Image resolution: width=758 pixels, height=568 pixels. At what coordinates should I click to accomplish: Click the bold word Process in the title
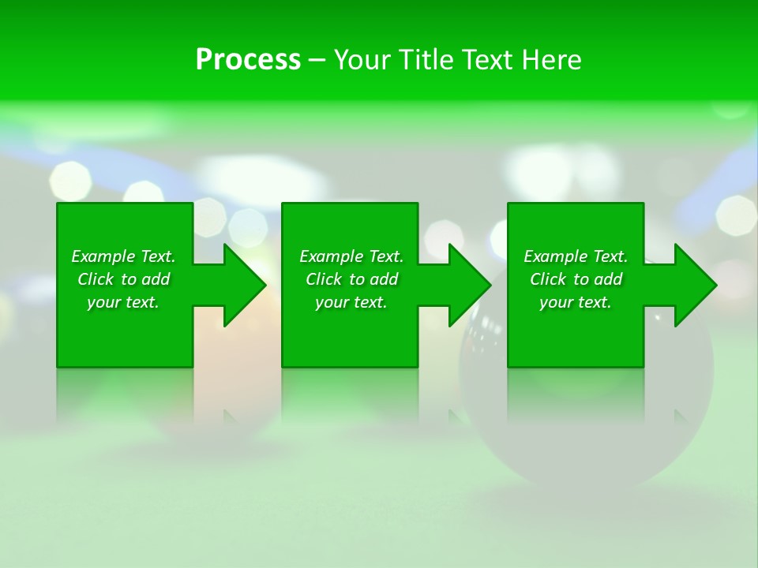coord(248,60)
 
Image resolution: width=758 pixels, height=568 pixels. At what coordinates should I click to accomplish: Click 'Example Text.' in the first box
coord(123,256)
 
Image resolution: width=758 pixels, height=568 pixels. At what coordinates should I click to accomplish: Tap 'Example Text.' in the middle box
coord(351,256)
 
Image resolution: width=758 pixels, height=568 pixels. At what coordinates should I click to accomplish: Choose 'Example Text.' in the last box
coord(576,256)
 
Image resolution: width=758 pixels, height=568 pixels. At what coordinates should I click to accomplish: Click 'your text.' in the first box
coord(123,302)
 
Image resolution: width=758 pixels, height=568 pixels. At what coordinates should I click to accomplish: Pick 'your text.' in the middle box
coord(351,302)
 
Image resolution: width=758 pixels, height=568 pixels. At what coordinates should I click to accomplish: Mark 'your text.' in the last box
coord(576,302)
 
